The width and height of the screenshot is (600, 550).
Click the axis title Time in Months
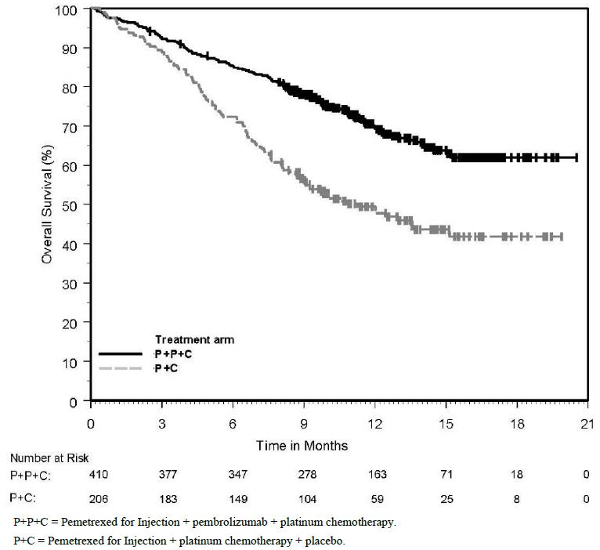(302, 445)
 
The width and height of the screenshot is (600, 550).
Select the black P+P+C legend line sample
(122, 354)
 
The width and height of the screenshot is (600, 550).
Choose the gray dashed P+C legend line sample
(122, 367)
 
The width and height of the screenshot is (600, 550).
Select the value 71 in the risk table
(446, 474)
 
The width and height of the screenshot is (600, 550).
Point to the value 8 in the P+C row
(517, 498)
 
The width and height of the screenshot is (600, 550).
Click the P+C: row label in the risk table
(26, 498)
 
